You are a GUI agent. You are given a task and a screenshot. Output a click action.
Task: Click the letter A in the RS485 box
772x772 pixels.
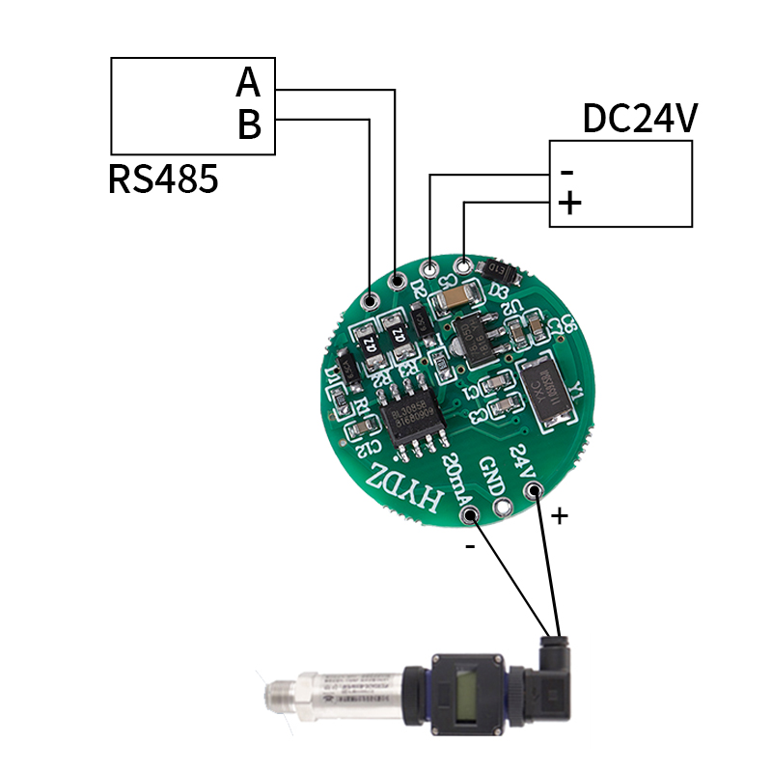248,83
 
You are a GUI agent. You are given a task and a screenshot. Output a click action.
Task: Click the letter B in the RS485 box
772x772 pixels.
249,124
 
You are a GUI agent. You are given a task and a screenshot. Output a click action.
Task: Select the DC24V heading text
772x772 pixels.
639,118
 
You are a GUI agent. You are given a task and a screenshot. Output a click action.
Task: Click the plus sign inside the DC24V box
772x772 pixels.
570,204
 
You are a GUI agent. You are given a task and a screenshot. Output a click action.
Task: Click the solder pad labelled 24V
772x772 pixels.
532,493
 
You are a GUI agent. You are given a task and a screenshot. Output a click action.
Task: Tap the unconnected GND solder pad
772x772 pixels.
502,507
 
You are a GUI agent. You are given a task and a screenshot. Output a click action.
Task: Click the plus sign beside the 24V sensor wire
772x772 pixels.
559,516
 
